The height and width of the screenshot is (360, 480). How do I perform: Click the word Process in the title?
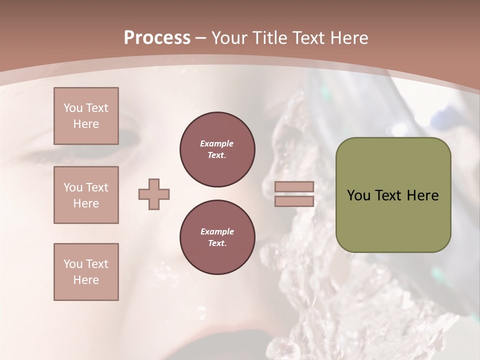pyautogui.click(x=157, y=38)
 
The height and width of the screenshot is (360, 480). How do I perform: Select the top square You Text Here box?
pyautogui.click(x=86, y=116)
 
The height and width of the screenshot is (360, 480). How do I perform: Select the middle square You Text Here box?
pyautogui.click(x=86, y=195)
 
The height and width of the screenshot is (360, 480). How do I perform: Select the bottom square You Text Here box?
pyautogui.click(x=86, y=272)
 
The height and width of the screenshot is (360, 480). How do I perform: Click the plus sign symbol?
pyautogui.click(x=154, y=194)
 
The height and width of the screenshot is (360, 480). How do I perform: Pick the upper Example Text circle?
pyautogui.click(x=217, y=149)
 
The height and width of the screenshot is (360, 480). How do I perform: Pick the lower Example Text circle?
pyautogui.click(x=217, y=237)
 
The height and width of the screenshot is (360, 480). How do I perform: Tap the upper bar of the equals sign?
pyautogui.click(x=294, y=187)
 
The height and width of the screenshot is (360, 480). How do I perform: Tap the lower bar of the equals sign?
pyautogui.click(x=294, y=201)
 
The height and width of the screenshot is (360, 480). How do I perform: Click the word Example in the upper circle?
pyautogui.click(x=217, y=143)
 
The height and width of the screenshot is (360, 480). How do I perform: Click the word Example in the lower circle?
pyautogui.click(x=217, y=231)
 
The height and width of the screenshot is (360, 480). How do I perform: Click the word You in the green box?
pyautogui.click(x=358, y=195)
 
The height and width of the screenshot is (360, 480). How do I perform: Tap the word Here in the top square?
pyautogui.click(x=86, y=124)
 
